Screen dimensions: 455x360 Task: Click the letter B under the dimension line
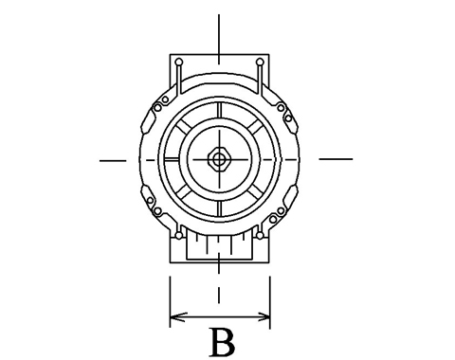[x=223, y=342]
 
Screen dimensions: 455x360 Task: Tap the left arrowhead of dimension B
[x=178, y=316]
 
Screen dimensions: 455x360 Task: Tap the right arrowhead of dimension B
[x=263, y=316]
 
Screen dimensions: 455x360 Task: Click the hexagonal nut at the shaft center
[x=219, y=159]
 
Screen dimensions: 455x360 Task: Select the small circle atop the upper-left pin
[x=179, y=62]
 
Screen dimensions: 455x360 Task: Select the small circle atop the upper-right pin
[x=260, y=62]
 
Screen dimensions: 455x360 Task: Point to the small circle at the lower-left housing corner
[x=179, y=236]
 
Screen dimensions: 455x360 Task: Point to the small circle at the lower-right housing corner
[x=260, y=236]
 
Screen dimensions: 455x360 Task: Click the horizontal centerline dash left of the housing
[x=113, y=161]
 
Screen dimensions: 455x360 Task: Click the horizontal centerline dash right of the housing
[x=336, y=159]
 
